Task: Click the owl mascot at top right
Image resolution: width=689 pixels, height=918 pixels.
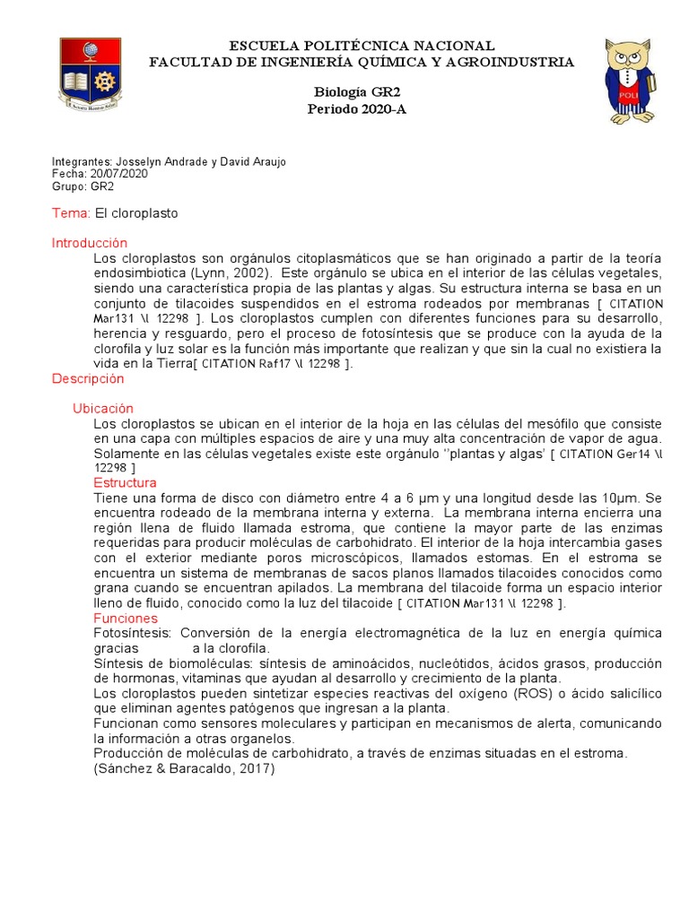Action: [x=630, y=81]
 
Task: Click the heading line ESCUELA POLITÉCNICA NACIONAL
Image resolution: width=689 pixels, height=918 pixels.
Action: [x=362, y=46]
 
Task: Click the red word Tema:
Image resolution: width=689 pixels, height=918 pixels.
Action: [x=72, y=213]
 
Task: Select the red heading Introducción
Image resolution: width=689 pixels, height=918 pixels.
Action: [x=90, y=243]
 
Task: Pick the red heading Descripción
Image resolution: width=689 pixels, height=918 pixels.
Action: [x=87, y=378]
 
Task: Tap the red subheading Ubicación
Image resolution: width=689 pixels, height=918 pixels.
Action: [x=102, y=408]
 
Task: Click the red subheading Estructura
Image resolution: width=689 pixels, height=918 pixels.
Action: [x=125, y=483]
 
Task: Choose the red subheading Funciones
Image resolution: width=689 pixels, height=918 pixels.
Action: [x=125, y=619]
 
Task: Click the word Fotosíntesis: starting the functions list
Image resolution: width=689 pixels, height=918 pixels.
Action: [x=126, y=633]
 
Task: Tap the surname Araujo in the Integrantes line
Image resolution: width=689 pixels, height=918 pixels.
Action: [x=266, y=161]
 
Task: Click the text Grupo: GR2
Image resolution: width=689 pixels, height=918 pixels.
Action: [x=83, y=186]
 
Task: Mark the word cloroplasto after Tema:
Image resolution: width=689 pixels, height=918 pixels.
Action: [x=145, y=213]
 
